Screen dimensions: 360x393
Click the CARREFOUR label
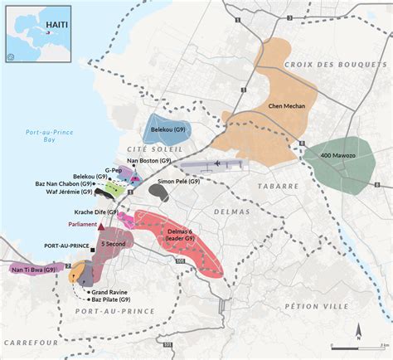[30, 341]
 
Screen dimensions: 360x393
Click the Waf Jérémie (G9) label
[70, 193]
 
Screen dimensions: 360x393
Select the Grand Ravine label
[109, 292]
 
